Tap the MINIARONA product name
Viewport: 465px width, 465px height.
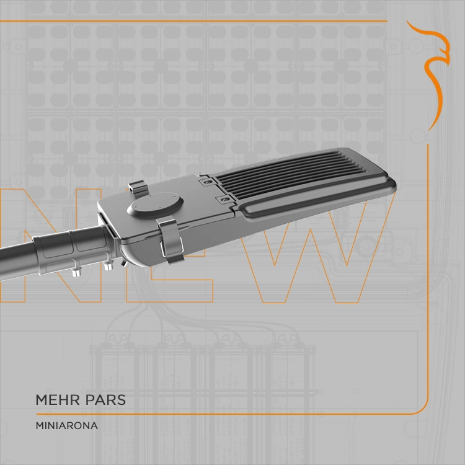[x=67, y=425]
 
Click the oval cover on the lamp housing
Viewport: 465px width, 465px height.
[x=155, y=204]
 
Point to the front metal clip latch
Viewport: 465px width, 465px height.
[x=170, y=239]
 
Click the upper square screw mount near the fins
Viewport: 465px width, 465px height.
[x=207, y=182]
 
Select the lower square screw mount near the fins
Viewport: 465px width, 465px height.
[x=224, y=199]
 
